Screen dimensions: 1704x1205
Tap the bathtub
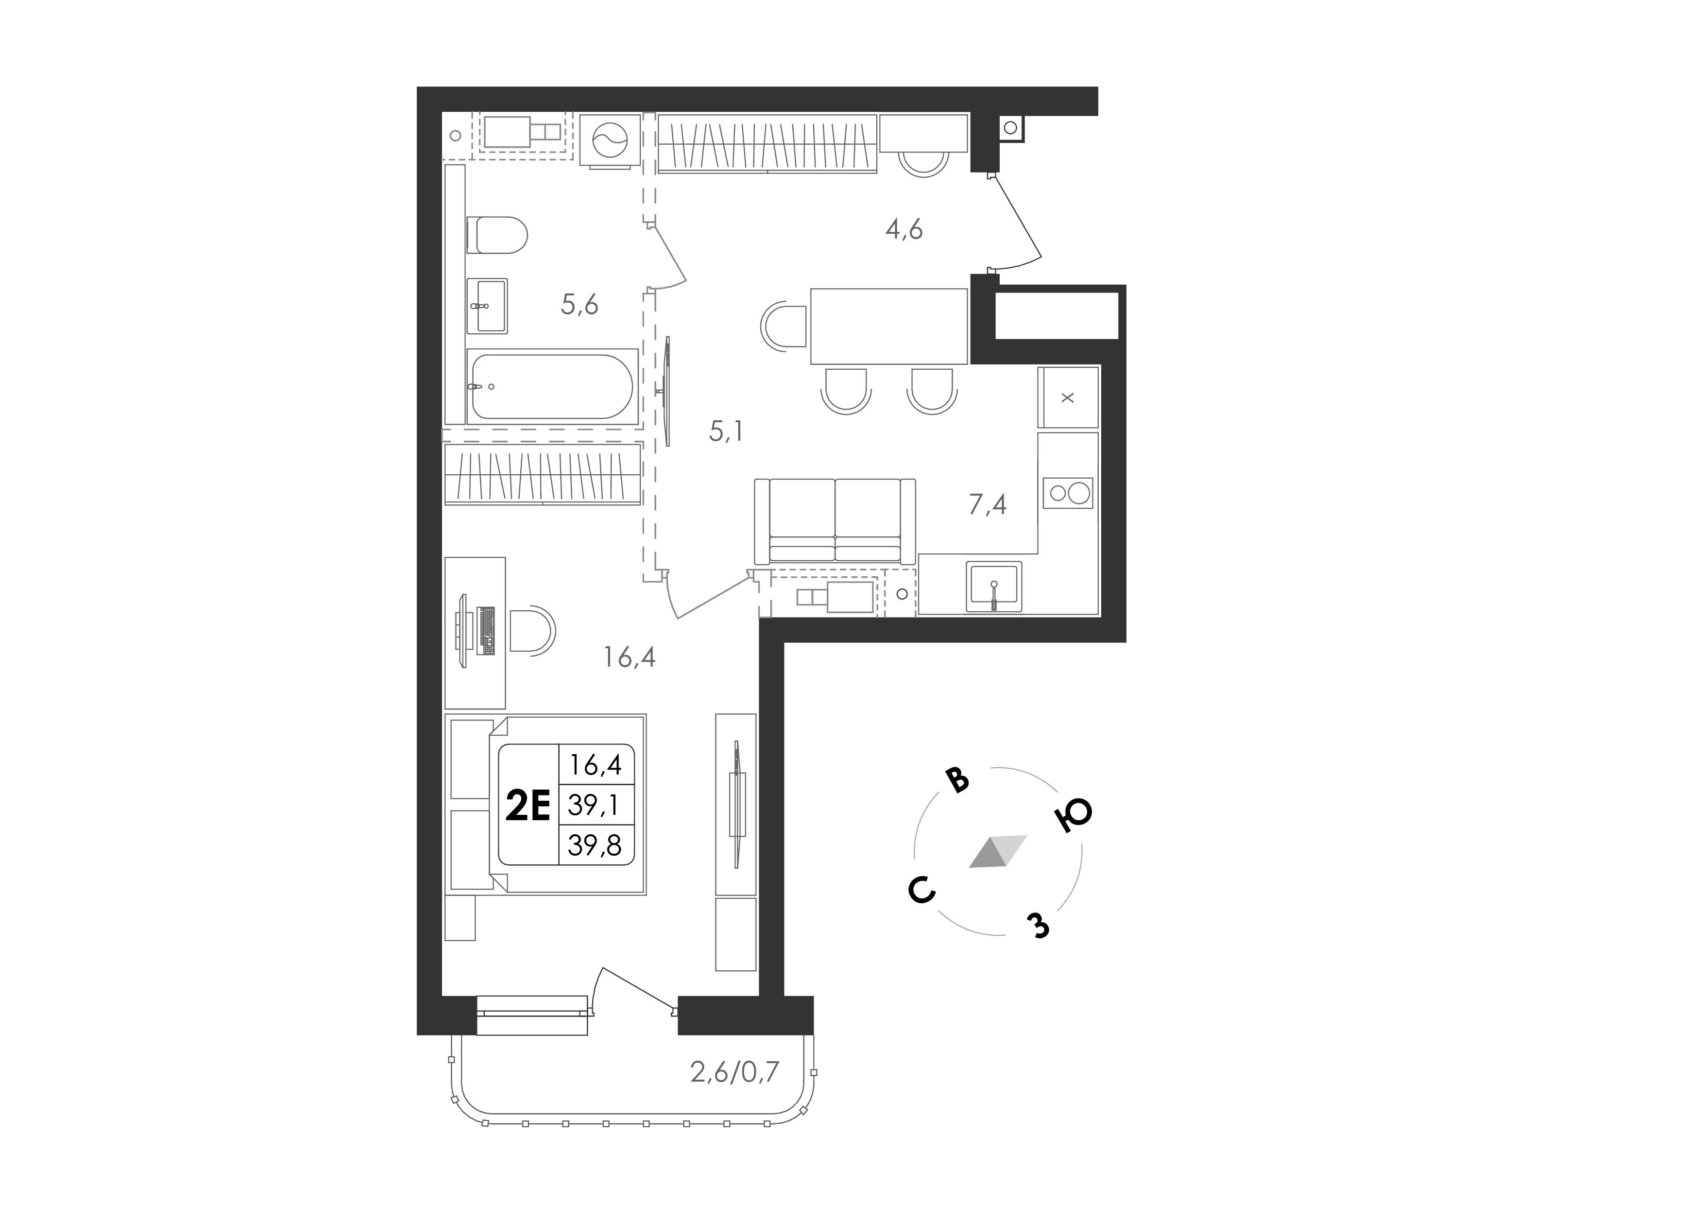[x=552, y=386]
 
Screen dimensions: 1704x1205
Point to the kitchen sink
[x=994, y=586]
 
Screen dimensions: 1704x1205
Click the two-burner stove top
[x=1068, y=493]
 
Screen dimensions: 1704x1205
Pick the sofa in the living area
[x=835, y=521]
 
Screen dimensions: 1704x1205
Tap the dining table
[x=889, y=326]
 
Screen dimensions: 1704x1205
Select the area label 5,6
[x=579, y=304]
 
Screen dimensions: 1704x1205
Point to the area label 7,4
[x=988, y=505]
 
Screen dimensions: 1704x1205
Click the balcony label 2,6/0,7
[x=735, y=1072]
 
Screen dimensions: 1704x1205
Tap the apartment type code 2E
[x=528, y=806]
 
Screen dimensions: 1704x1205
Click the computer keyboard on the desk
[x=487, y=631]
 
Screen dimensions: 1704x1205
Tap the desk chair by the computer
[x=532, y=631]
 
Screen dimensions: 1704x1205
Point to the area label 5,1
[x=726, y=431]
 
